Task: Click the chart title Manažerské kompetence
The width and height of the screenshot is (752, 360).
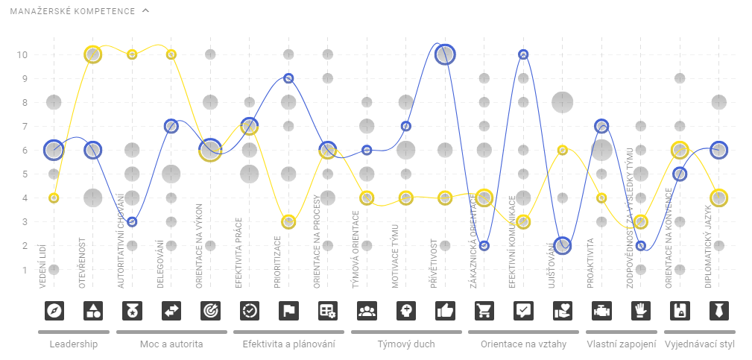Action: click(x=72, y=12)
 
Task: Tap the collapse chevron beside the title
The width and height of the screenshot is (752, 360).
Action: click(x=145, y=11)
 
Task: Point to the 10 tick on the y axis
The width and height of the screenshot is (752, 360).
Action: click(x=23, y=54)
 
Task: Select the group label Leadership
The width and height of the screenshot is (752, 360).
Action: click(x=73, y=344)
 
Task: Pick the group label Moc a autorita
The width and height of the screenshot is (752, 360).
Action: click(x=171, y=344)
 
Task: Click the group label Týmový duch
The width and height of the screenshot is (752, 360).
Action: click(x=406, y=344)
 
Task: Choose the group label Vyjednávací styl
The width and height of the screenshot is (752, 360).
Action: click(x=699, y=344)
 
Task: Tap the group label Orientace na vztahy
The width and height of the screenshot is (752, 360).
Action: click(x=523, y=344)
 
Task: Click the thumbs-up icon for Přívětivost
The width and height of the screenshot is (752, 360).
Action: click(x=445, y=311)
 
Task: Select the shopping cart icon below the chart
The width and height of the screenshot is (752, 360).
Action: click(x=484, y=311)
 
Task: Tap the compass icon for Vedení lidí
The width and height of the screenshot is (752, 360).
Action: click(x=54, y=311)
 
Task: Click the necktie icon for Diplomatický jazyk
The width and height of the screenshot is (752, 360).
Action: click(x=718, y=311)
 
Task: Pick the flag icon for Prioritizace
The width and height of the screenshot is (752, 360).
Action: click(x=288, y=311)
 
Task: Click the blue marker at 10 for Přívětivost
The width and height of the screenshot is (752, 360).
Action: click(x=445, y=54)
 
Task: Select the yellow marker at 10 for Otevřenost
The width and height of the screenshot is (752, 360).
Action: click(x=92, y=54)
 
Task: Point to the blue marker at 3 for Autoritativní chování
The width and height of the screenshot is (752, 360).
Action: click(x=132, y=222)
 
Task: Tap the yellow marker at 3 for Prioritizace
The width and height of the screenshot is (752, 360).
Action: click(x=288, y=222)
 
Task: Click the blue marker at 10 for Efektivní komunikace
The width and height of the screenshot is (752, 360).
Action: click(x=523, y=54)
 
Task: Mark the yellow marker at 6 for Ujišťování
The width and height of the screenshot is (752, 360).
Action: click(x=563, y=150)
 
